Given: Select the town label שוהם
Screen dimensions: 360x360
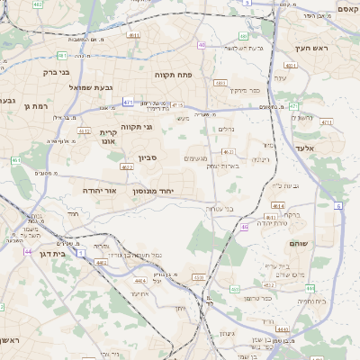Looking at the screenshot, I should point(299,244).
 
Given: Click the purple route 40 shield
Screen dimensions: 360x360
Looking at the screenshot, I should point(202,45).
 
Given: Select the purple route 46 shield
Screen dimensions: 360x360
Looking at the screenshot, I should point(244,228).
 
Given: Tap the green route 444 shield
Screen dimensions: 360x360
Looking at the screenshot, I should point(310,288).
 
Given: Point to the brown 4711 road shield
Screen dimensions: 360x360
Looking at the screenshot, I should point(327,122).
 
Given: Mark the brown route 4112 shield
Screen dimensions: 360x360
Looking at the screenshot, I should point(84,131).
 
